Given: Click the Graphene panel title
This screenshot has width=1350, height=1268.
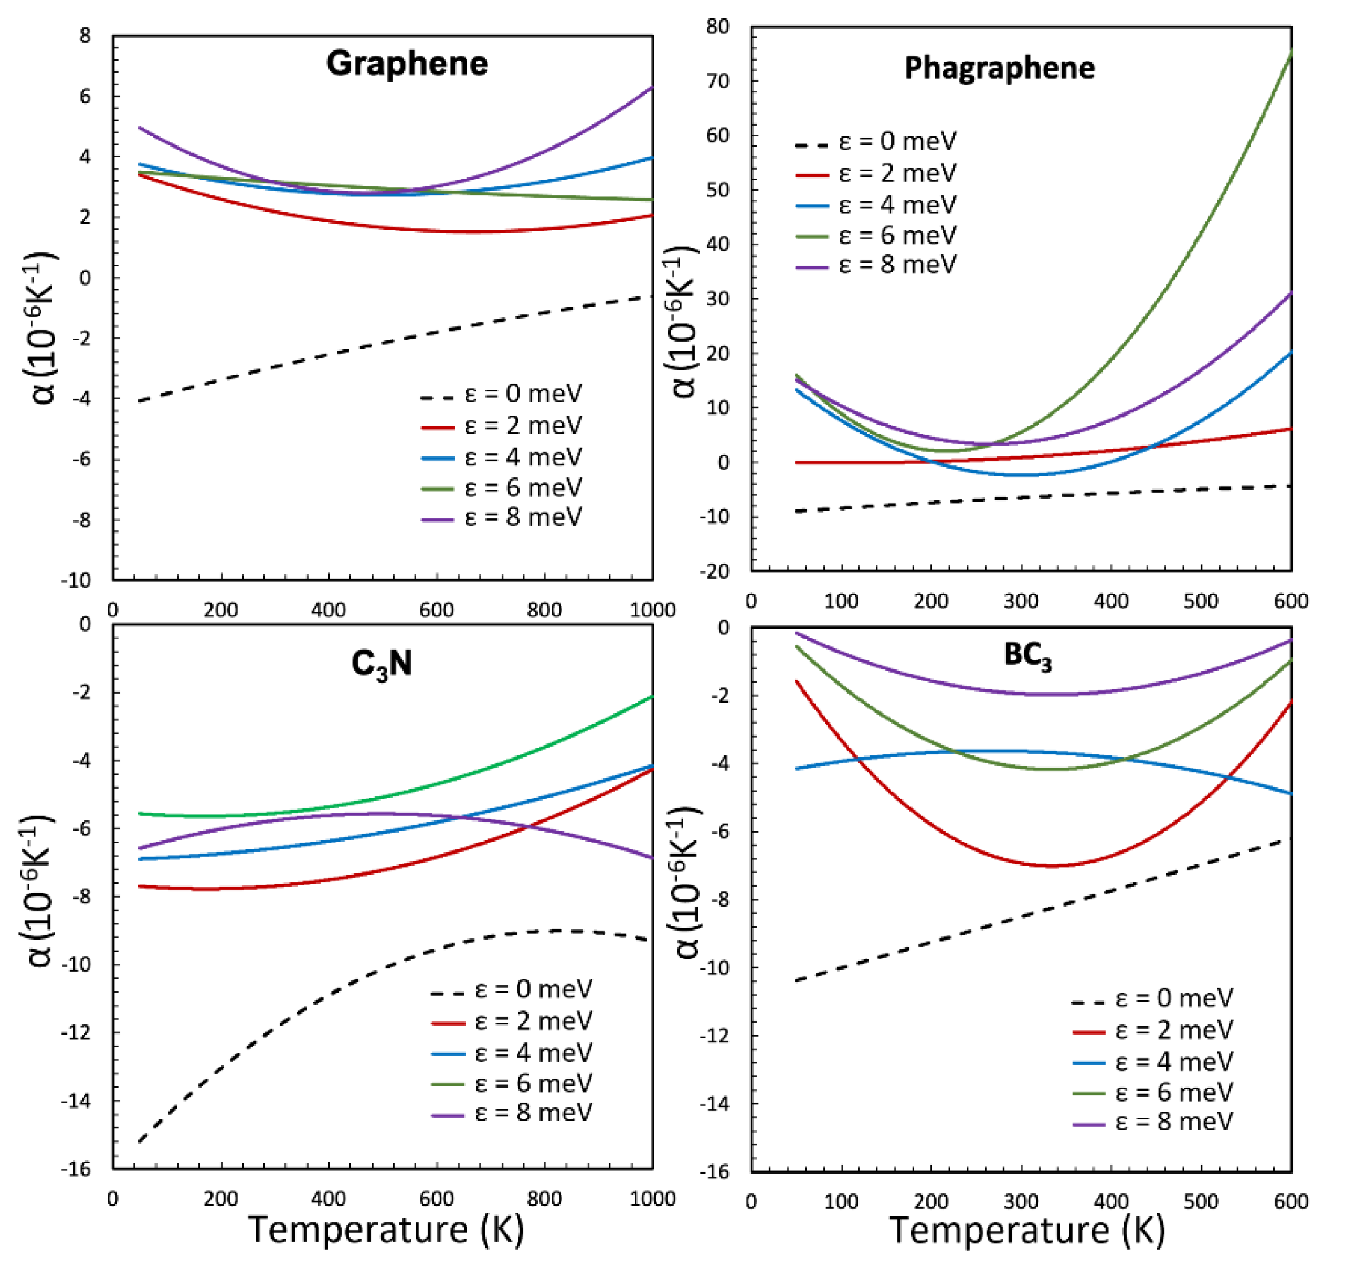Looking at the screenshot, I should [407, 63].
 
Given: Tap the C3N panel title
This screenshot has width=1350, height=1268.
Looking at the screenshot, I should [381, 663].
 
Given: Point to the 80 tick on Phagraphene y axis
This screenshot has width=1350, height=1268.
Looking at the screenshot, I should [719, 27].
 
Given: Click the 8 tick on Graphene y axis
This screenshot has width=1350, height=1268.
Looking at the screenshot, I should [85, 35].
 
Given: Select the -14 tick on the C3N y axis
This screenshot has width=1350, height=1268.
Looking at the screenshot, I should [75, 1100].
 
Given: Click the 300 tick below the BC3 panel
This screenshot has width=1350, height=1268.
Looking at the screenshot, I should [1021, 1201].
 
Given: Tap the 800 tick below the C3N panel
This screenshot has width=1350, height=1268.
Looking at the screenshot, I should [544, 1198].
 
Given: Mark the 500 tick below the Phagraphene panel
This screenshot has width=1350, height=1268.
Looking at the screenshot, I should [1201, 601].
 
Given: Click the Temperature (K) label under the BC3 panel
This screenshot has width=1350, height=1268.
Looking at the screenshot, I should [1027, 1229].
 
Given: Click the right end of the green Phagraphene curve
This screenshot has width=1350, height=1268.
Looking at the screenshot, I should [1289, 54].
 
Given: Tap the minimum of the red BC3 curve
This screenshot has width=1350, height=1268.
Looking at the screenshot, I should [1049, 866].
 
